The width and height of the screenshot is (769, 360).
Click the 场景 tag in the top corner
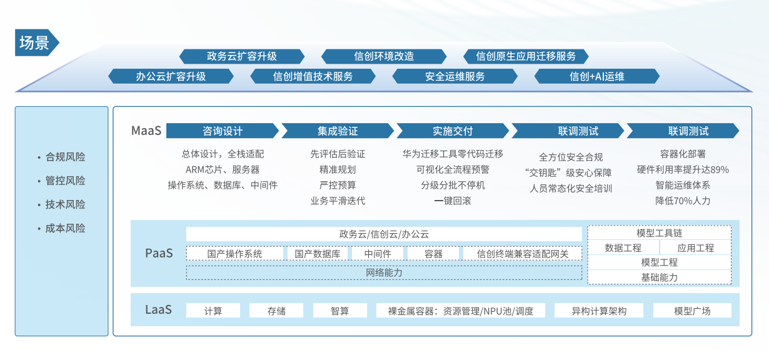click(37, 42)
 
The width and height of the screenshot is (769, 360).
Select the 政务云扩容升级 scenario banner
click(242, 56)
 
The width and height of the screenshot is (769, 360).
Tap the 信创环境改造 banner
click(384, 56)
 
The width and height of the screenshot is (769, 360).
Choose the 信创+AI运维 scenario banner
click(596, 76)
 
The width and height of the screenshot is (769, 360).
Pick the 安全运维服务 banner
click(455, 76)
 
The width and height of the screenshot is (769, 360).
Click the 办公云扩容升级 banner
click(171, 76)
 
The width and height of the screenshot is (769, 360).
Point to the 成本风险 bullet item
click(62, 228)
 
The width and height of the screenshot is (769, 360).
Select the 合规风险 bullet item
click(62, 157)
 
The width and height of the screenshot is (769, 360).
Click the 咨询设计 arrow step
click(223, 131)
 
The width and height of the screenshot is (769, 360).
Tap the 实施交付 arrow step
click(453, 131)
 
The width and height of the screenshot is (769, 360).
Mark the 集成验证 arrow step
click(338, 131)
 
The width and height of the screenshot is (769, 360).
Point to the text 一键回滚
click(453, 201)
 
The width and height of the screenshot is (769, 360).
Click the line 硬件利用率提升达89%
click(683, 169)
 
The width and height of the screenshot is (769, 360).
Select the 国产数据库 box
click(318, 254)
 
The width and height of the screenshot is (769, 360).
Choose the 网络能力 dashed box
click(384, 273)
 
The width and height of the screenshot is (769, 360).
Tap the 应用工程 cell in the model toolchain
click(695, 247)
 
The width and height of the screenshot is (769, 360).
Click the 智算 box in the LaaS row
click(340, 311)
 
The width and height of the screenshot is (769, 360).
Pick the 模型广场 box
click(692, 311)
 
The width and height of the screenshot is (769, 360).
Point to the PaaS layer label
click(159, 253)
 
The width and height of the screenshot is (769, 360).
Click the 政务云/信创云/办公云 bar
click(384, 234)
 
